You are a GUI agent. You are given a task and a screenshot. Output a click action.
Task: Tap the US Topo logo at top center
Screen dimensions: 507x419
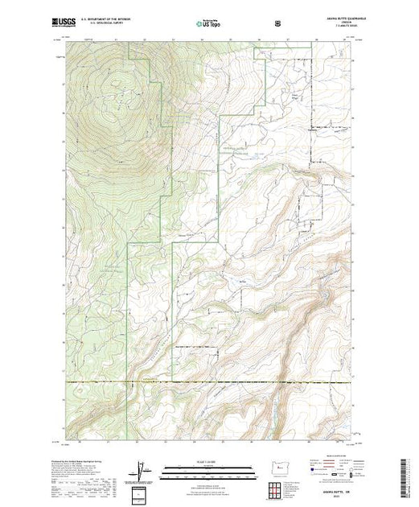[x=207, y=24]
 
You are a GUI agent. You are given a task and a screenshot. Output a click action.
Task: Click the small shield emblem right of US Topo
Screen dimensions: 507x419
[x=278, y=24]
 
